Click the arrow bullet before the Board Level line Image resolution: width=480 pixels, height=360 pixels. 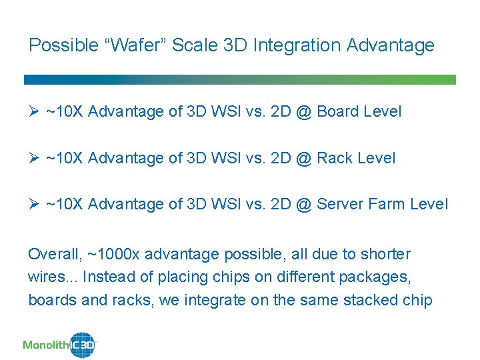click(33, 111)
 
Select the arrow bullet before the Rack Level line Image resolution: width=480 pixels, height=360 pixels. click(33, 158)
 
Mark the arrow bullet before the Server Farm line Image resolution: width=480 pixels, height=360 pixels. click(33, 204)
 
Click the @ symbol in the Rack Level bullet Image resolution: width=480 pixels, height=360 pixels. click(303, 158)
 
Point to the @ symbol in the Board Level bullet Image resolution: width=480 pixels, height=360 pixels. click(303, 111)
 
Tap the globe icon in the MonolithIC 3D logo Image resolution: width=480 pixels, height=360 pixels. click(83, 345)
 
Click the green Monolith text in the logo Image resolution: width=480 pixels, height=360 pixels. click(46, 345)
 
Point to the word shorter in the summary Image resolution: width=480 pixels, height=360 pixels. click(386, 254)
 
